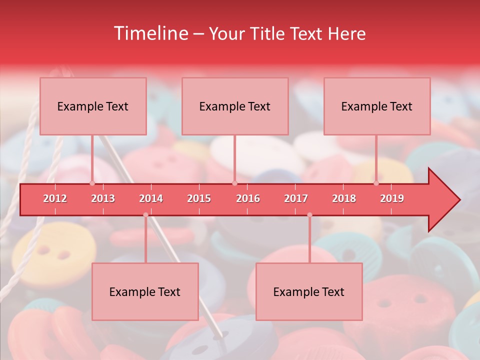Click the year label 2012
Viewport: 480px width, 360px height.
point(55,198)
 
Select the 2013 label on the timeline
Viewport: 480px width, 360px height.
point(103,198)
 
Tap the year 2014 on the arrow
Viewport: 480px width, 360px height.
point(151,198)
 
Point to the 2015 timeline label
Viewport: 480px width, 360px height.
point(199,198)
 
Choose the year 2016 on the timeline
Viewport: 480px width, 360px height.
point(248,198)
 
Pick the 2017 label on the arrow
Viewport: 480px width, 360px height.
point(296,198)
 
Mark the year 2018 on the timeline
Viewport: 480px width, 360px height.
point(344,198)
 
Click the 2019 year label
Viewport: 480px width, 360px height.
point(392,198)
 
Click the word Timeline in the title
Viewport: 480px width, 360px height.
point(150,33)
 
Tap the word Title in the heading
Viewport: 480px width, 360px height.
point(267,33)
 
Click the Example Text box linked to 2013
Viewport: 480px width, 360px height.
point(93,106)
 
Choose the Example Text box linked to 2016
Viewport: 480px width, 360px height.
point(235,106)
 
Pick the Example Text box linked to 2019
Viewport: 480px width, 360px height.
point(377,106)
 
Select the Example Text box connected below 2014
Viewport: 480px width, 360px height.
point(145,291)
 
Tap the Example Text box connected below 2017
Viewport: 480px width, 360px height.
point(309,291)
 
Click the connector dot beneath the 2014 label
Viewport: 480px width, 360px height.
point(145,215)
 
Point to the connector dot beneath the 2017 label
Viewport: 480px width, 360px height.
point(309,215)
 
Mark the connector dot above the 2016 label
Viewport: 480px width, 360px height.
point(234,183)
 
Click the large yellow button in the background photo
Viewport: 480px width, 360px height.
point(52,255)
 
